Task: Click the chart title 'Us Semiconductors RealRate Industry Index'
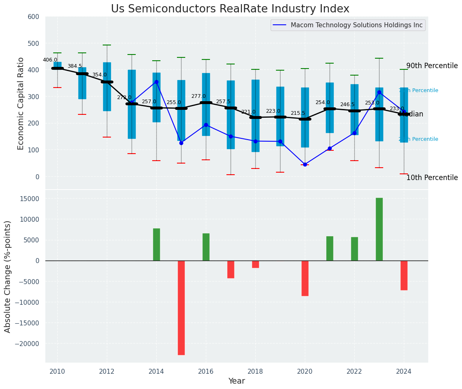click(230, 9)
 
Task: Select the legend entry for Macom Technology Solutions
click(348, 25)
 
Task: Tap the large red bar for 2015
click(181, 308)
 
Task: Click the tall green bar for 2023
click(379, 229)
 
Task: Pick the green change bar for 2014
click(156, 244)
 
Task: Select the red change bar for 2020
click(305, 278)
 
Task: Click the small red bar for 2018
click(255, 264)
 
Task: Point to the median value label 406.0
click(50, 60)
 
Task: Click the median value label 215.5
click(298, 113)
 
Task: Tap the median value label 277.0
click(198, 96)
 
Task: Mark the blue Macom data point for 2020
click(305, 164)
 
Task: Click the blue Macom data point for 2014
click(156, 82)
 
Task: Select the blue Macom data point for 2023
click(379, 92)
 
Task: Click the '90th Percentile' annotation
click(432, 66)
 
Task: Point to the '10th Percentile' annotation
click(432, 178)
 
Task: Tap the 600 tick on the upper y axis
click(33, 17)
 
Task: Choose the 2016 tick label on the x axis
click(206, 372)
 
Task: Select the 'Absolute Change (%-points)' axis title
click(8, 277)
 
